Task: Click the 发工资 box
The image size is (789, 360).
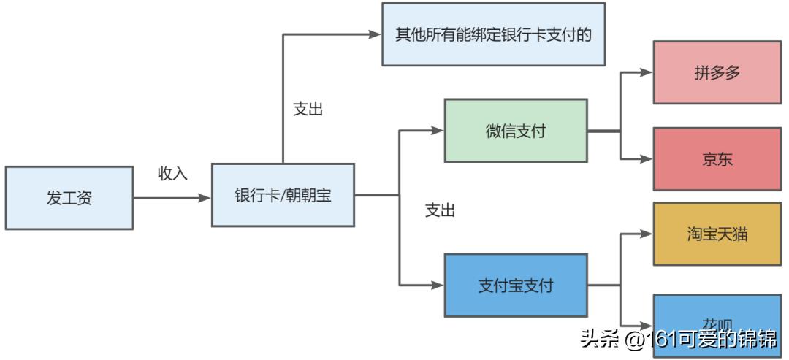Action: tap(69, 198)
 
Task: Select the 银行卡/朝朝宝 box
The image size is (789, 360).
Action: tap(283, 195)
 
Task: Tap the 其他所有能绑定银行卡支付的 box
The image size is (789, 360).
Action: tap(493, 34)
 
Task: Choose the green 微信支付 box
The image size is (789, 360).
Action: tap(516, 131)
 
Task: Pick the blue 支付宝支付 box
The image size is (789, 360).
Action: tap(516, 285)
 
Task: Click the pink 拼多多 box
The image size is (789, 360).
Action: tap(717, 72)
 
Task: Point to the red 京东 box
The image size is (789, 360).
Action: tap(717, 159)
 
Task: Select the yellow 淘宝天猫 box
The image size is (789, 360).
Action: tap(717, 234)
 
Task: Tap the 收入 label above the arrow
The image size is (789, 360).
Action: tap(173, 174)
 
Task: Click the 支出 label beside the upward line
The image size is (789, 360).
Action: tap(308, 110)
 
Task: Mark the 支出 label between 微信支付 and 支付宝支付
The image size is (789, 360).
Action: tap(440, 211)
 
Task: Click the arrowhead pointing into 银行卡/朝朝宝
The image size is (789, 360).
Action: tap(205, 197)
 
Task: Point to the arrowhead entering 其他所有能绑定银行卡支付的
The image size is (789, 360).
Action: tap(376, 34)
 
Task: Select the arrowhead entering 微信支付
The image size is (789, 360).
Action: tap(438, 131)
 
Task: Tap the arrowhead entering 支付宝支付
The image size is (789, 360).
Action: tap(438, 285)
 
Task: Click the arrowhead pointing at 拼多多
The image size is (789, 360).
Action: tap(647, 72)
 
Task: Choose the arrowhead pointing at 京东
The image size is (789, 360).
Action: tap(647, 158)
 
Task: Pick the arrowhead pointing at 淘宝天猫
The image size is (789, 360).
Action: tap(647, 234)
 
